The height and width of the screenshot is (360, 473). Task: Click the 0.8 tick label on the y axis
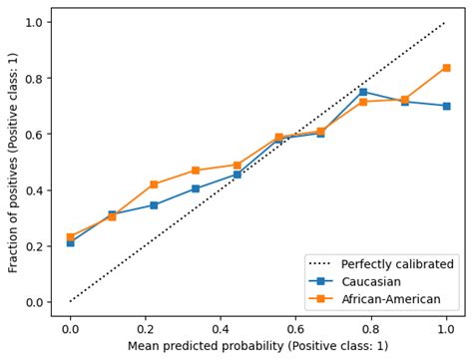34,79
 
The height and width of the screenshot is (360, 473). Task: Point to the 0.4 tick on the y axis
34,190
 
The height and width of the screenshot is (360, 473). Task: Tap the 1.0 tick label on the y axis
34,22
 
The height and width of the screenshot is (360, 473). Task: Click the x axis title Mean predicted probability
257,346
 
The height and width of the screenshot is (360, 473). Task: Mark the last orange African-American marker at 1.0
446,68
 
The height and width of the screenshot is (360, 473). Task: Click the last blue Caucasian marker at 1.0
446,106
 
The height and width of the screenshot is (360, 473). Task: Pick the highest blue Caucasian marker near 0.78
362,92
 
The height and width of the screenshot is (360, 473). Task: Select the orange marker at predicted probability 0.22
154,184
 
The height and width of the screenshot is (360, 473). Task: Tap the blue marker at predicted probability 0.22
154,205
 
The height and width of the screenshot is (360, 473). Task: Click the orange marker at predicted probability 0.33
196,171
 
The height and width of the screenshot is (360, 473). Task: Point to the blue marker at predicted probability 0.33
196,188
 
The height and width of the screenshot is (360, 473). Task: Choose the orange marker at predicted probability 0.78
362,102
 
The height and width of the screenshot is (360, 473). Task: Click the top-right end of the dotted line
446,22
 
